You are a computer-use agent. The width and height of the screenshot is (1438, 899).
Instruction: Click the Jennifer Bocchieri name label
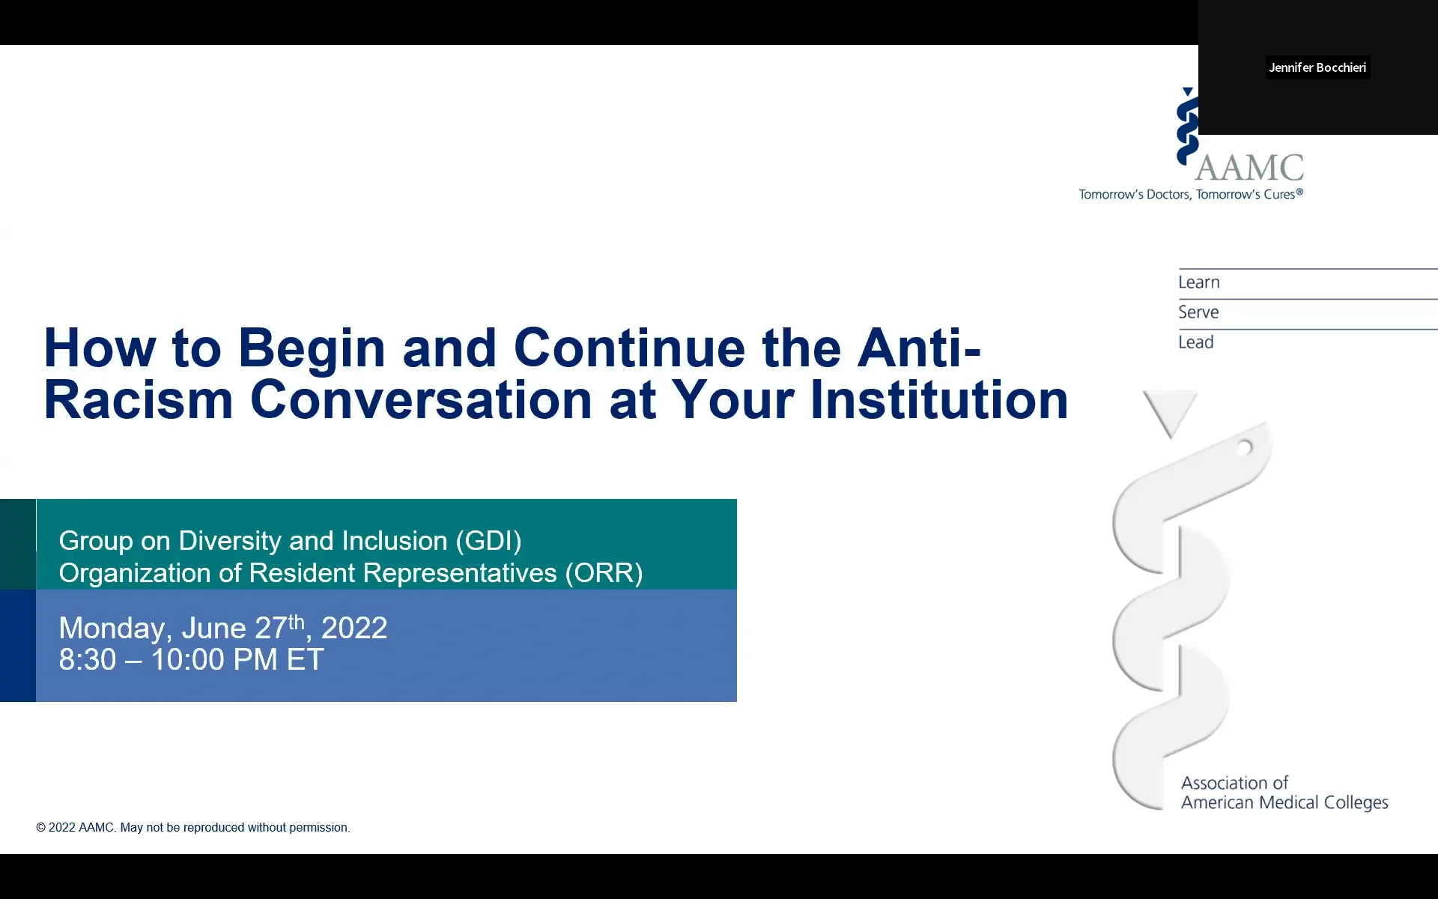coord(1317,67)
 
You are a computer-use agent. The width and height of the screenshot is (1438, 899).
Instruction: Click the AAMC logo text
coord(1249,168)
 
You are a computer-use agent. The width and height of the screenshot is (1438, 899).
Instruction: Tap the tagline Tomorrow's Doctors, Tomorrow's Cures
coord(1191,195)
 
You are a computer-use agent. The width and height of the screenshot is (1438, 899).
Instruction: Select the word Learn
coord(1198,282)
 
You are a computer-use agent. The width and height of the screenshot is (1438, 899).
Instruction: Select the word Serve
coord(1198,312)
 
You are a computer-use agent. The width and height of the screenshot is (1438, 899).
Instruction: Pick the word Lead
coord(1195,342)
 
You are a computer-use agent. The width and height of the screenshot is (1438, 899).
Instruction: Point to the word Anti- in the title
coord(919,348)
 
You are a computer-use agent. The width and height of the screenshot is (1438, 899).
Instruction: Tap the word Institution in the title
coord(939,399)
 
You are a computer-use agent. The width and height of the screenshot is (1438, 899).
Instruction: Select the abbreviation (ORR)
coord(604,573)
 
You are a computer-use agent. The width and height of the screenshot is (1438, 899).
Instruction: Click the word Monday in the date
coord(111,629)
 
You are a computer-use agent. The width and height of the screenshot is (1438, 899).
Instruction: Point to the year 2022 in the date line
coord(354,629)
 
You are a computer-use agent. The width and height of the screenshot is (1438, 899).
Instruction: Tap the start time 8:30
coord(88,660)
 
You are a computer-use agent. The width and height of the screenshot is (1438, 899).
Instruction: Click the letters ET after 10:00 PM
coord(305,660)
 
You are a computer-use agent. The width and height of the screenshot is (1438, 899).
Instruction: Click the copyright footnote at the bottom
coord(193,827)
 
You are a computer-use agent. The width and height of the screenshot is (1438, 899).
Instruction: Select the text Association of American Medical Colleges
coord(1284,793)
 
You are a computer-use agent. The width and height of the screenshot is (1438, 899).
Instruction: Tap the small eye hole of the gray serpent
coord(1244,448)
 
